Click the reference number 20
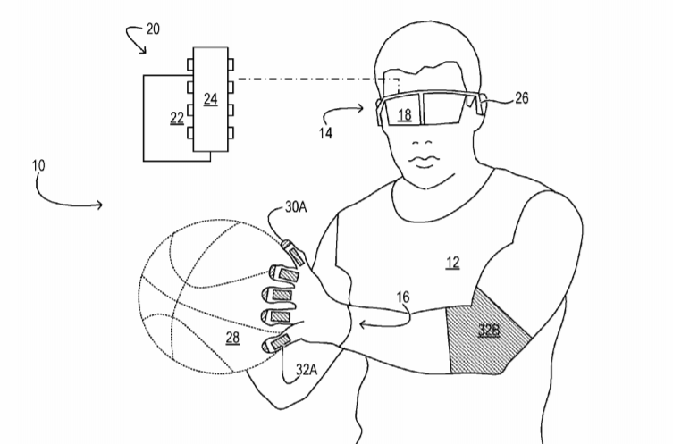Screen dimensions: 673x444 tap(153, 29)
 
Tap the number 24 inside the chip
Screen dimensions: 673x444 tap(210, 99)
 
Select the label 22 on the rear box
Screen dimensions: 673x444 tap(177, 118)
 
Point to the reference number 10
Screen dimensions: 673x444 tap(38, 165)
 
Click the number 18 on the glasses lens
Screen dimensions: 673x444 tap(404, 115)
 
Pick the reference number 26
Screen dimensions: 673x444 tap(521, 98)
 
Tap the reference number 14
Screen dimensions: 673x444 tap(325, 133)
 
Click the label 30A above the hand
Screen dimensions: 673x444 tap(296, 207)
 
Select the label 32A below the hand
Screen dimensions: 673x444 tap(307, 369)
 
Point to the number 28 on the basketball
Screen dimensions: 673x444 tap(232, 338)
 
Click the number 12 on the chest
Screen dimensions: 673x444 tap(453, 263)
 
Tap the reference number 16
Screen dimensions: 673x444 tap(402, 297)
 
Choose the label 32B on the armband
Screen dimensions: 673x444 tap(489, 330)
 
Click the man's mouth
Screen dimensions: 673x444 tap(424, 161)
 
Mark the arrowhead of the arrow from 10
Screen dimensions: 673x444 tap(100, 205)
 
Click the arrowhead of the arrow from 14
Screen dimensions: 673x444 tap(361, 108)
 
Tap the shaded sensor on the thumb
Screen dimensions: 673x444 tap(296, 256)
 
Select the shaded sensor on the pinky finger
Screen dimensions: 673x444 tap(282, 342)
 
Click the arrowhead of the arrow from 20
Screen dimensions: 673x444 tap(143, 51)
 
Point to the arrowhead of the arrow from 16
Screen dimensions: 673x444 tap(362, 325)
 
